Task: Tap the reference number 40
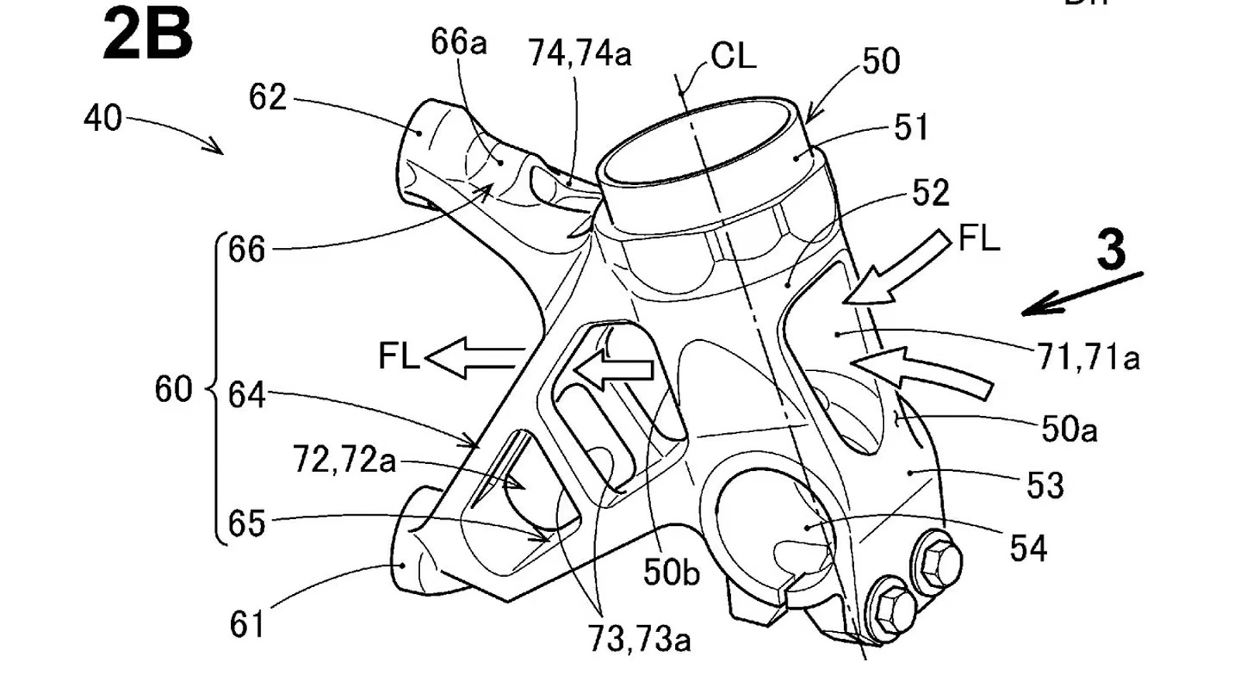click(103, 119)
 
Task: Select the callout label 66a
click(459, 43)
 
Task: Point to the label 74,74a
click(580, 53)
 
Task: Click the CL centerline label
click(732, 56)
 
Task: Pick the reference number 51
click(911, 128)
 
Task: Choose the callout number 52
click(930, 193)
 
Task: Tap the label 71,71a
click(1088, 357)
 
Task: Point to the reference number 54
click(1028, 548)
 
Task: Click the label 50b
click(671, 572)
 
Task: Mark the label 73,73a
click(639, 639)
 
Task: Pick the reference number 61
click(247, 624)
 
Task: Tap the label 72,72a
click(344, 460)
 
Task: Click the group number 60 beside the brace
click(173, 389)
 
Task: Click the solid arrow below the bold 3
click(1082, 294)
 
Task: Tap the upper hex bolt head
click(938, 558)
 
